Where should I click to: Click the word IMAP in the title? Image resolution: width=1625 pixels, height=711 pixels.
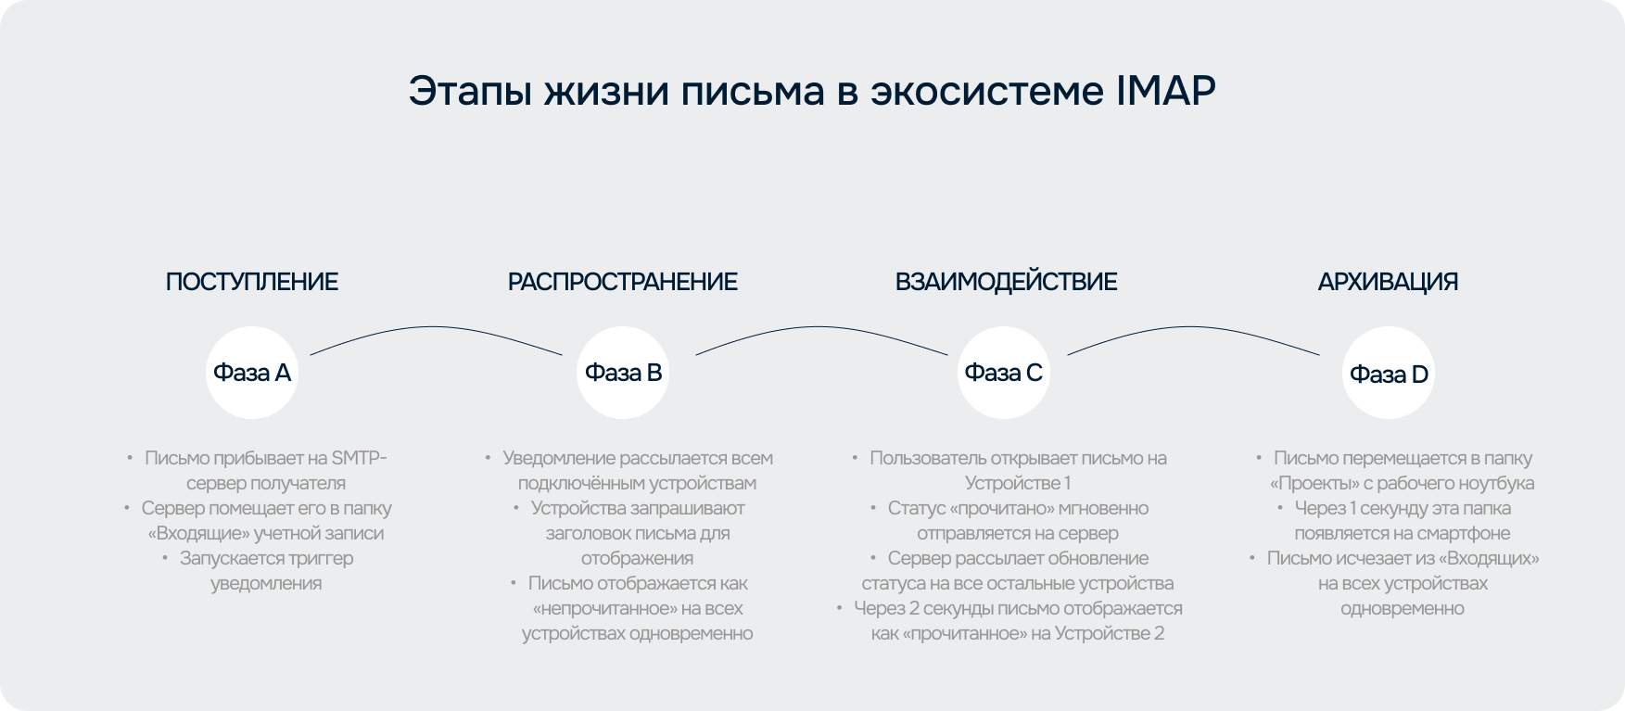(x=1165, y=91)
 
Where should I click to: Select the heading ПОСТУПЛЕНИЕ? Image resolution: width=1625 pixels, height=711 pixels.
(x=252, y=282)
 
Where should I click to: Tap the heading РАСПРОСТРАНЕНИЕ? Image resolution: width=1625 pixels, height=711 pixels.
(x=623, y=282)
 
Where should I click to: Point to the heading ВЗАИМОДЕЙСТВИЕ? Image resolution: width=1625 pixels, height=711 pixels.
(x=1007, y=282)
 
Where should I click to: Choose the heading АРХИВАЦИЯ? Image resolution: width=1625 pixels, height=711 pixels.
(x=1389, y=282)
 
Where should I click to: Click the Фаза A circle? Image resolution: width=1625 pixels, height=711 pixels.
(x=252, y=373)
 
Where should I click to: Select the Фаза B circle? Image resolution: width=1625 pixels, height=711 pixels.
(x=623, y=373)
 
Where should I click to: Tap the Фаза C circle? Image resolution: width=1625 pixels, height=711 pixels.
(x=1004, y=373)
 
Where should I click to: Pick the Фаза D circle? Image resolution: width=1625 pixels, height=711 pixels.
(x=1389, y=373)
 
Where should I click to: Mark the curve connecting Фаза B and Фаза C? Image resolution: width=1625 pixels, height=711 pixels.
(x=819, y=327)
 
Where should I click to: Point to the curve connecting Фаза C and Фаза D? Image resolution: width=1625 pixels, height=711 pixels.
(x=1192, y=327)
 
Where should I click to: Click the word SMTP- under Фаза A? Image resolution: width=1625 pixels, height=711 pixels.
(x=360, y=458)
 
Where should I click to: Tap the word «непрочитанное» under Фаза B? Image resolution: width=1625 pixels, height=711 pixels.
(x=603, y=608)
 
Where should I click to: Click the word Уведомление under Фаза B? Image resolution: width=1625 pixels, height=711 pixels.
(x=559, y=458)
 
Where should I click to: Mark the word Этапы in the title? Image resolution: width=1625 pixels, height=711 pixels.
(x=469, y=91)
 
